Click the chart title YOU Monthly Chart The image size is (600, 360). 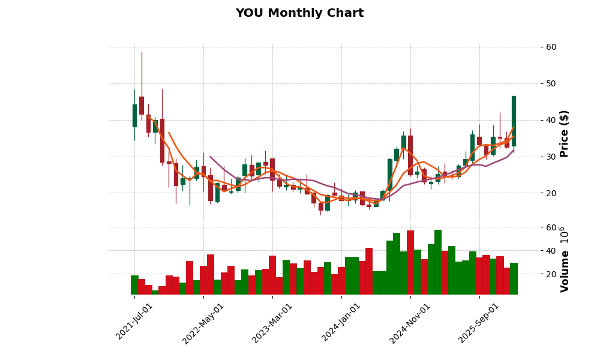click(x=299, y=13)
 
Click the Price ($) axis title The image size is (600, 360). click(x=564, y=133)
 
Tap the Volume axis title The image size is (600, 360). click(x=564, y=259)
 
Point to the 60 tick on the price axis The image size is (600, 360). click(x=551, y=47)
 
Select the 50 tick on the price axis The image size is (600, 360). click(x=551, y=83)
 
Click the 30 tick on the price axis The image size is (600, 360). click(x=551, y=157)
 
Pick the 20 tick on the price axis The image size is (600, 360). click(x=551, y=193)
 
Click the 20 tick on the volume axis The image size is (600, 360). click(x=551, y=274)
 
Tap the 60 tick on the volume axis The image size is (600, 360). click(x=551, y=227)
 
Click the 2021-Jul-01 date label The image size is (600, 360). click(x=135, y=322)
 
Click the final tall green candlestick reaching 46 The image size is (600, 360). click(x=514, y=121)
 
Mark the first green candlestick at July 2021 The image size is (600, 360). click(x=134, y=116)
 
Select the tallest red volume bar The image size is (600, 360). click(x=410, y=262)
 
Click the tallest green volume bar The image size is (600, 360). click(x=438, y=262)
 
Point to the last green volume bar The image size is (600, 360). click(x=514, y=278)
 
